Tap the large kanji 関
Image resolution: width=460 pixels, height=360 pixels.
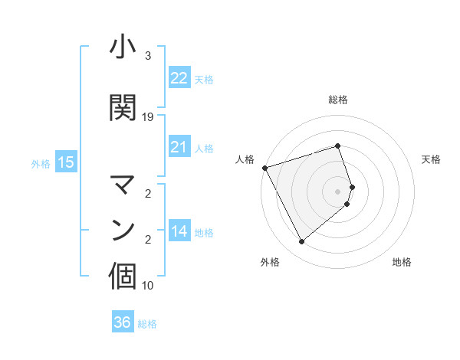(x=123, y=108)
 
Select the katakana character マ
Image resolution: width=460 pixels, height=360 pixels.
(x=123, y=185)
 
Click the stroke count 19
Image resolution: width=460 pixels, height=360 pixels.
(x=148, y=117)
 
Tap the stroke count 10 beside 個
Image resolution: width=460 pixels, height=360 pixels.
(x=148, y=286)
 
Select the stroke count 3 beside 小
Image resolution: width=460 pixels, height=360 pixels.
(x=148, y=56)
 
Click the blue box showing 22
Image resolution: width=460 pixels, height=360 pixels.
(x=179, y=78)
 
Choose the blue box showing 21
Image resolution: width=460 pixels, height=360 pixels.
(x=179, y=147)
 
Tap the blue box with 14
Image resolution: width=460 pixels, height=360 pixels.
(x=179, y=231)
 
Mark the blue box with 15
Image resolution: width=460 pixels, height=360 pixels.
(x=65, y=162)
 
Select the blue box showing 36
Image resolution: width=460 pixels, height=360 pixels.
(x=123, y=322)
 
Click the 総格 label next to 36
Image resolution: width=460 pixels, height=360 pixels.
(x=147, y=324)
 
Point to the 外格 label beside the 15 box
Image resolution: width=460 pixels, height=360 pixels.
(x=41, y=163)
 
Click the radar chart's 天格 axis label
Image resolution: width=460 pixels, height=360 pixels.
(x=431, y=159)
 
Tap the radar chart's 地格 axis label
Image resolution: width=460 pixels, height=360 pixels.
(x=402, y=262)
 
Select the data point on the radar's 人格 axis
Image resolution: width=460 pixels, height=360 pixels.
(x=264, y=167)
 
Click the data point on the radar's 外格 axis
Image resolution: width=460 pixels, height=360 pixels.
(x=301, y=242)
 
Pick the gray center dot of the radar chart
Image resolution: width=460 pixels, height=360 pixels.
(x=338, y=191)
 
